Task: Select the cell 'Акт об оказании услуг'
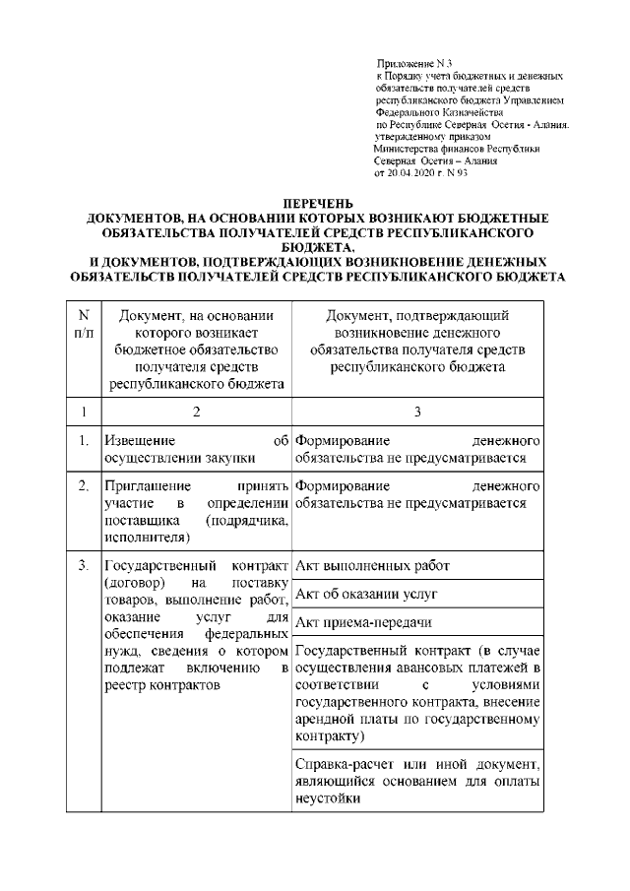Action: [359, 594]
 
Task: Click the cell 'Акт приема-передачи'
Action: [360, 622]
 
